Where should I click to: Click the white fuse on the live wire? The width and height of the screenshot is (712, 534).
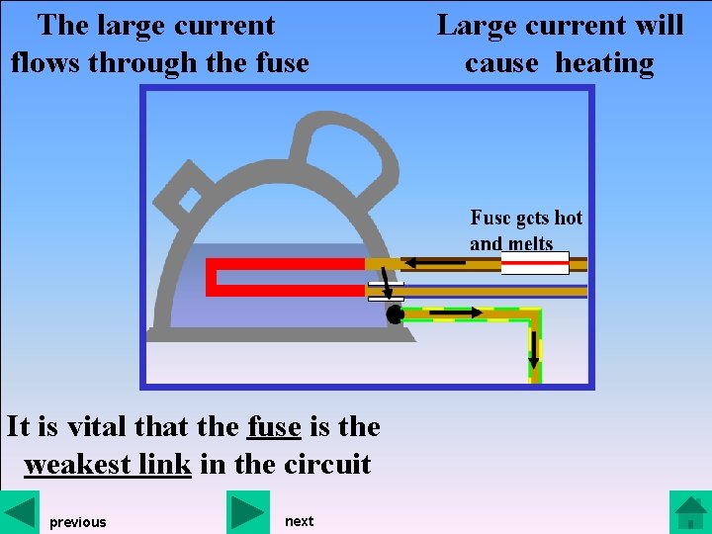pyautogui.click(x=535, y=263)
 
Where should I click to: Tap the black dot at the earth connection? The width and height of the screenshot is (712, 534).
pyautogui.click(x=395, y=314)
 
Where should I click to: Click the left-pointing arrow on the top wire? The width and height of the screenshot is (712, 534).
pyautogui.click(x=435, y=263)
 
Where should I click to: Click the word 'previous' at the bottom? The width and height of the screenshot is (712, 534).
pyautogui.click(x=77, y=522)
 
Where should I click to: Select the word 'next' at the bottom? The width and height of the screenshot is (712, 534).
pyautogui.click(x=299, y=521)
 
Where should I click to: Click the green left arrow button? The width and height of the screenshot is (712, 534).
pyautogui.click(x=20, y=512)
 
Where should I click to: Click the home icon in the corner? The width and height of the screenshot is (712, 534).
pyautogui.click(x=689, y=512)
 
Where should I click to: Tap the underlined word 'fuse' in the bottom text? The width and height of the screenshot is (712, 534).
pyautogui.click(x=274, y=426)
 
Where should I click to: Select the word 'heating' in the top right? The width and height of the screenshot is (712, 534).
pyautogui.click(x=604, y=63)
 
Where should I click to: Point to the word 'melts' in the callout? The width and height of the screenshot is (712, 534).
pyautogui.click(x=531, y=243)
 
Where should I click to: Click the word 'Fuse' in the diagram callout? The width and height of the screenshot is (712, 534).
pyautogui.click(x=490, y=218)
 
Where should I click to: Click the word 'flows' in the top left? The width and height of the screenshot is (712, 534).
pyautogui.click(x=45, y=63)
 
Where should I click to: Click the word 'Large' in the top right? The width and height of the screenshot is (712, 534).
pyautogui.click(x=476, y=25)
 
